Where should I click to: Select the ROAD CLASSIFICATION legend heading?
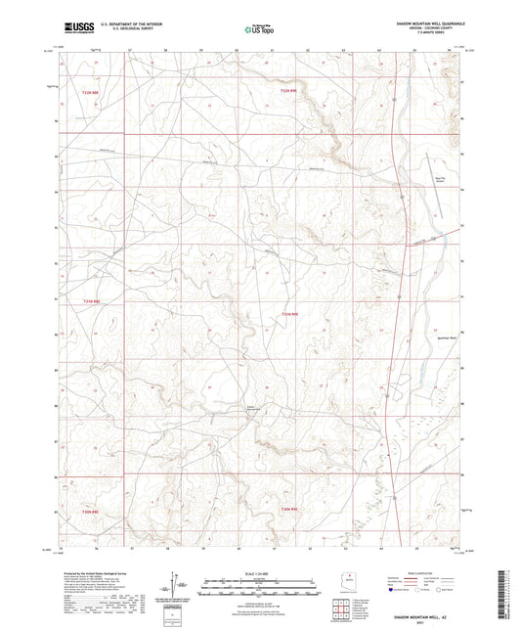tap(427, 571)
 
